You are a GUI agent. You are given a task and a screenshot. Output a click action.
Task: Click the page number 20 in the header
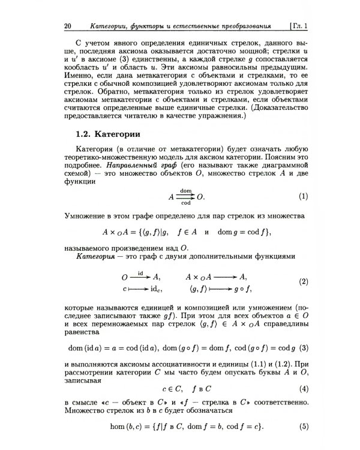(67, 26)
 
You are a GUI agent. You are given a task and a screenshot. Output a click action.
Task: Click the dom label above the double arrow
(186, 190)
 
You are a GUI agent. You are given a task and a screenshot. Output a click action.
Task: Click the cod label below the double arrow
(186, 203)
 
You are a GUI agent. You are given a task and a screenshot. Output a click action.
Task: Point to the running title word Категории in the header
(110, 26)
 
